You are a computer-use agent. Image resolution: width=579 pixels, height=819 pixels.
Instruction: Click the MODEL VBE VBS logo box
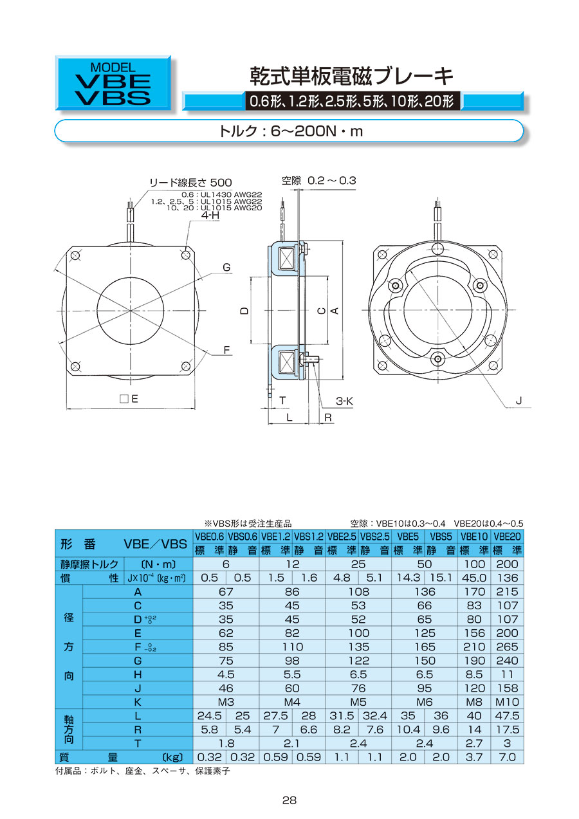pos(113,82)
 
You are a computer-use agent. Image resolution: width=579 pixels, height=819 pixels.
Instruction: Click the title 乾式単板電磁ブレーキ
pos(351,76)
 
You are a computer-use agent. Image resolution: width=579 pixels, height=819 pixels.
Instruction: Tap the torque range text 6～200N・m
pos(317,131)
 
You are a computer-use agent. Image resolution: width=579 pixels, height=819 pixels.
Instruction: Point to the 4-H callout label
pos(210,216)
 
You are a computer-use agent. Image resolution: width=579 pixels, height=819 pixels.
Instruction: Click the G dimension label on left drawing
pos(226,267)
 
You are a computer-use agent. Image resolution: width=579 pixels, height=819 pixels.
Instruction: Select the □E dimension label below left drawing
pos(129,398)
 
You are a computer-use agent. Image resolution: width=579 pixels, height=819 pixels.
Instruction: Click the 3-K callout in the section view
pos(344,401)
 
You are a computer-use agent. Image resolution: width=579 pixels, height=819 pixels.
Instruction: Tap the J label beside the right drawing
pos(519,401)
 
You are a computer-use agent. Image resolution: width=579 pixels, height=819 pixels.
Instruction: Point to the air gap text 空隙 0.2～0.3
pos(318,180)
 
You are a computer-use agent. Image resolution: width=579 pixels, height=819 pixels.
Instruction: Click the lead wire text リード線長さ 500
pos(191,183)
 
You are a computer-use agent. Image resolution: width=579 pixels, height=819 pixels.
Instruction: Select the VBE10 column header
pos(474,537)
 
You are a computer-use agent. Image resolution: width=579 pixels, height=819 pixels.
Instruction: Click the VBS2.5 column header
pos(374,537)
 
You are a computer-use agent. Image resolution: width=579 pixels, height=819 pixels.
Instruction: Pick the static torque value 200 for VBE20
pos(507,564)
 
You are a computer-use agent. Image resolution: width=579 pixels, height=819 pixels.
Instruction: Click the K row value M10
pos(507,702)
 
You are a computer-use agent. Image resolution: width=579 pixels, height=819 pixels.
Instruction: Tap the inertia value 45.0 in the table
pos(474,578)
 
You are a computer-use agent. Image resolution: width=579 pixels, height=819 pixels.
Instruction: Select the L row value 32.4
pos(374,716)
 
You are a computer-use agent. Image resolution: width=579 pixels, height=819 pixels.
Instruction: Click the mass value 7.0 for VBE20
pos(507,757)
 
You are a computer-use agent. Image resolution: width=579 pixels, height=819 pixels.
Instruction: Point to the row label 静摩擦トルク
pos(89,564)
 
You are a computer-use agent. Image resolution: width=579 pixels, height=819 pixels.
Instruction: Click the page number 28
pos(289,800)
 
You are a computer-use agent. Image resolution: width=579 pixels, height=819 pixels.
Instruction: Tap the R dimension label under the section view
pos(328,417)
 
